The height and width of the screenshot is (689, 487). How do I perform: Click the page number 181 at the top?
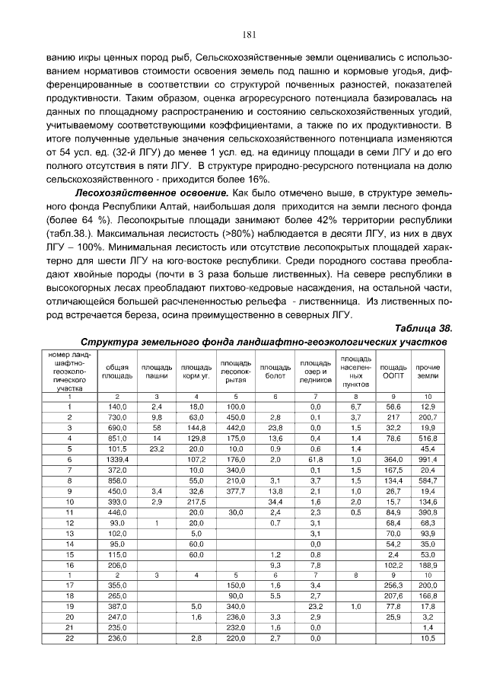(x=248, y=33)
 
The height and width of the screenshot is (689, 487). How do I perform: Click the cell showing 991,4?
(x=428, y=460)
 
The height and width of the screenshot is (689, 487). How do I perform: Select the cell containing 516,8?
(x=428, y=439)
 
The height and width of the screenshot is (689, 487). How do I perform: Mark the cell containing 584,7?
(x=428, y=481)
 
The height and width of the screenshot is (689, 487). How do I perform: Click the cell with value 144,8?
(x=196, y=428)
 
